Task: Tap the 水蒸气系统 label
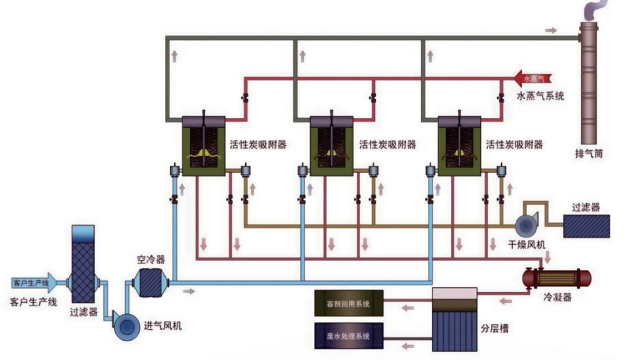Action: pos(541,96)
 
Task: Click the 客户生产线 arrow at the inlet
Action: pos(34,283)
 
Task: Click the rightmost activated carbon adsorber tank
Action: pos(460,144)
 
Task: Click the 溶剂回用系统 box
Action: pos(348,304)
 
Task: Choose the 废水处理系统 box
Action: pos(348,336)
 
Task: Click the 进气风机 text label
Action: pos(163,326)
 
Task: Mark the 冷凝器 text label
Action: pos(559,297)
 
